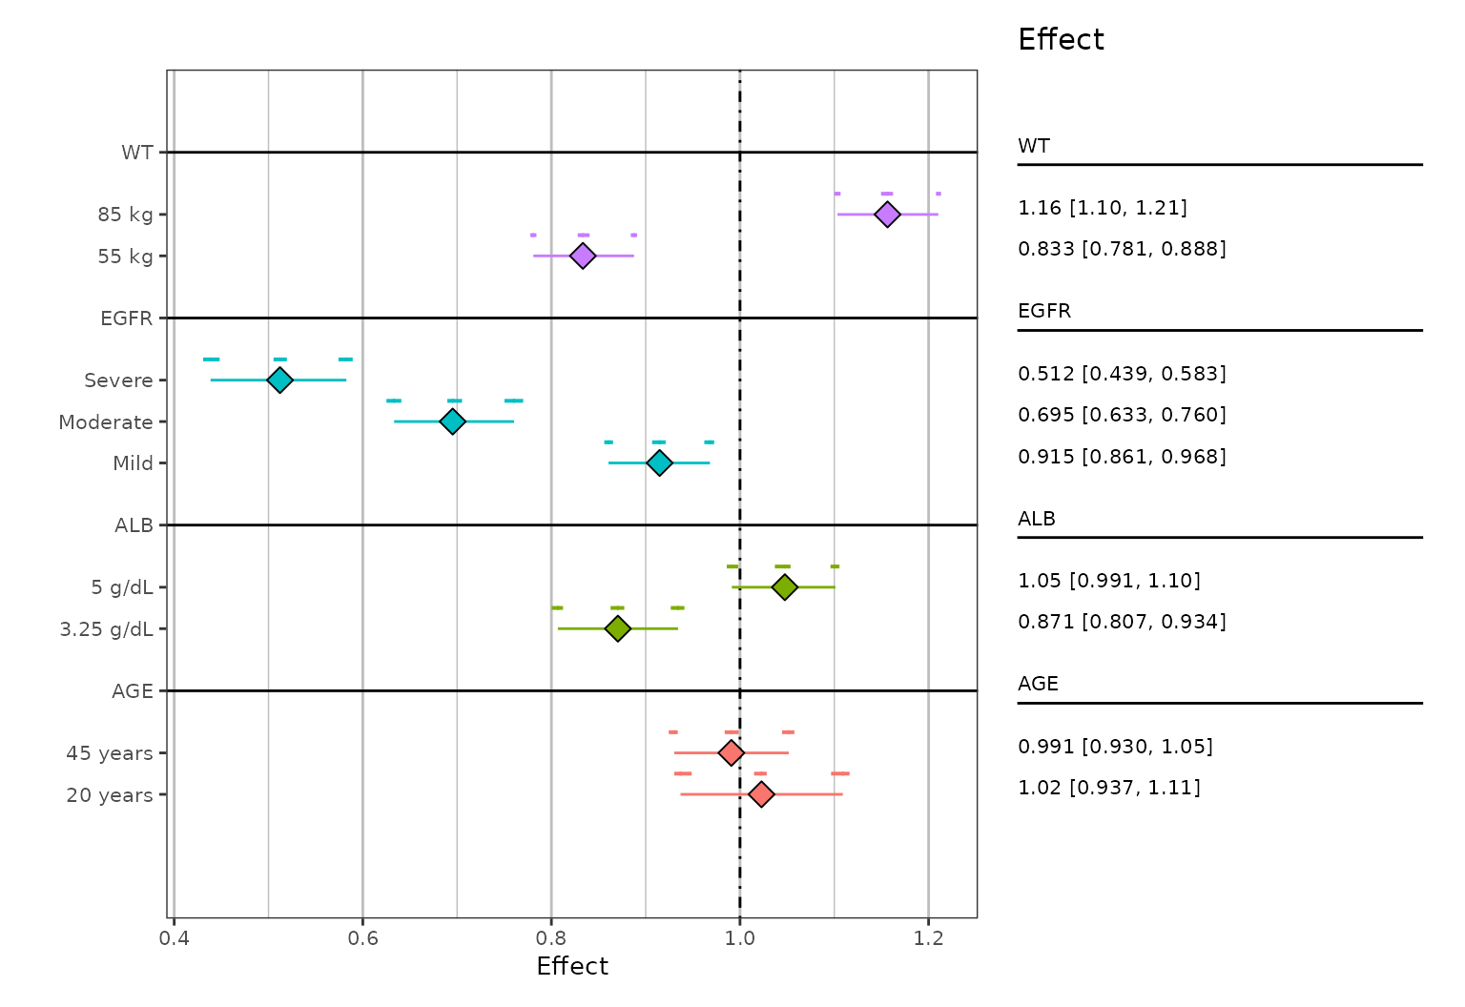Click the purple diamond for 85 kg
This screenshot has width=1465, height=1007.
point(887,215)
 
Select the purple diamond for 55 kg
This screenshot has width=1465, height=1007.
point(583,256)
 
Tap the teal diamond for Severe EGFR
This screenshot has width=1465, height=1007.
point(279,380)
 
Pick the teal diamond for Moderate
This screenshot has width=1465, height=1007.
point(452,421)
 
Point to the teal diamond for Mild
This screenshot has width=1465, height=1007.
point(659,462)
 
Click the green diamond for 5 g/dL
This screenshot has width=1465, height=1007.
point(784,587)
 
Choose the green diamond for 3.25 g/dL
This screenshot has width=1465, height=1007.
point(618,628)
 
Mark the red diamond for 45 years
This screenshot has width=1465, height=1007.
point(731,753)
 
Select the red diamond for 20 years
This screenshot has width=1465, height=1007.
point(761,794)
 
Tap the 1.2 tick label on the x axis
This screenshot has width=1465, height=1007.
point(928,938)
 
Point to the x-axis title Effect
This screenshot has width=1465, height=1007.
point(572,967)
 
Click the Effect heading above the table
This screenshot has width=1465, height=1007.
point(1061,40)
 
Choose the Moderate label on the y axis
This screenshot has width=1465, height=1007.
point(106,422)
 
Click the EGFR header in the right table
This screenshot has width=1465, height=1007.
point(1044,312)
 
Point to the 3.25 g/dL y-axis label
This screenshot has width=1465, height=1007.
point(106,629)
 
